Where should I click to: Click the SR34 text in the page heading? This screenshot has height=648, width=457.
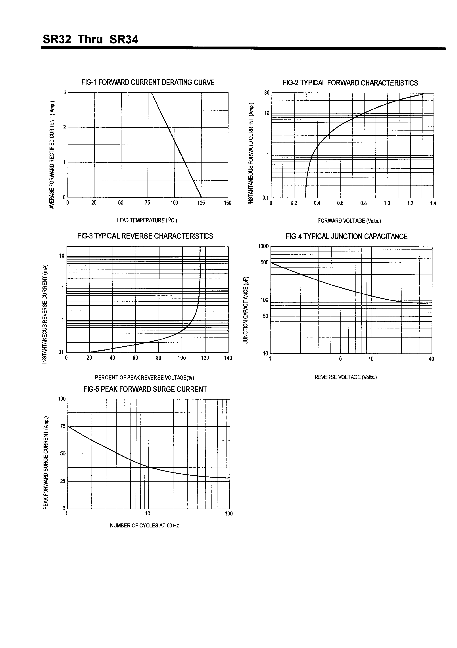pyautogui.click(x=124, y=39)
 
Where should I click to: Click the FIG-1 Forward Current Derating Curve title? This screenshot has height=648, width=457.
pyautogui.click(x=148, y=82)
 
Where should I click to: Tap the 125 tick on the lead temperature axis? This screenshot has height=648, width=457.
pyautogui.click(x=201, y=203)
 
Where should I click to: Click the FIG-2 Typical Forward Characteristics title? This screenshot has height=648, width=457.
pyautogui.click(x=350, y=83)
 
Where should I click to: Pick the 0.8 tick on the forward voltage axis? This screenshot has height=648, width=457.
pyautogui.click(x=363, y=203)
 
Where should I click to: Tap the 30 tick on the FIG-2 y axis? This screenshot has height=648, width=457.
pyautogui.click(x=267, y=93)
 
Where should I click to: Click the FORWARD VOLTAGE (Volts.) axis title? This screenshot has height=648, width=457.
pyautogui.click(x=349, y=221)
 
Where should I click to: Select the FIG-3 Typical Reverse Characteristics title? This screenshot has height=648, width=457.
pyautogui.click(x=145, y=236)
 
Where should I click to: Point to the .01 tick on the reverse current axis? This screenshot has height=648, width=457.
pyautogui.click(x=61, y=352)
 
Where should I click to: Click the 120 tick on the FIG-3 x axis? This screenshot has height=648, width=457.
pyautogui.click(x=205, y=358)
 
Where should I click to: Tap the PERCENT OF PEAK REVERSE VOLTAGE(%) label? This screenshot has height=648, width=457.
pyautogui.click(x=144, y=378)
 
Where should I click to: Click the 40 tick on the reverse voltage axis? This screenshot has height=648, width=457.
pyautogui.click(x=431, y=359)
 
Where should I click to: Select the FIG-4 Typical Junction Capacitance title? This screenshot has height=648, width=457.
pyautogui.click(x=347, y=236)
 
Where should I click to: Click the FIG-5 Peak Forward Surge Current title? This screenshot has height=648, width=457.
pyautogui.click(x=145, y=389)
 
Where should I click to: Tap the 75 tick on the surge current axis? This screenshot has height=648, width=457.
pyautogui.click(x=63, y=426)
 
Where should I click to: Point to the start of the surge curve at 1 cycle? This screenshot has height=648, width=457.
pyautogui.click(x=69, y=426)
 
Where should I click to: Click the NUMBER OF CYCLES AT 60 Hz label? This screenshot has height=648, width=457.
pyautogui.click(x=144, y=525)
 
